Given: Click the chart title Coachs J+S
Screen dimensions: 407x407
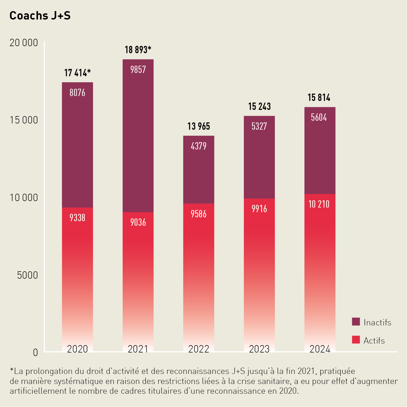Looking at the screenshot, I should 40,16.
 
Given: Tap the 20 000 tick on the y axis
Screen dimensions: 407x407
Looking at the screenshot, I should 24,43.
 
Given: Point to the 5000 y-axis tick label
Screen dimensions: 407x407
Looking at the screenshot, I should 27,275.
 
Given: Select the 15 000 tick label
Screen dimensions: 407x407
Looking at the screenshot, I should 24,120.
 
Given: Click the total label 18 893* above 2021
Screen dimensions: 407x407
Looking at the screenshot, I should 138,50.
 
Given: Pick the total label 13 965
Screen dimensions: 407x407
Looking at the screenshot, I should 199,126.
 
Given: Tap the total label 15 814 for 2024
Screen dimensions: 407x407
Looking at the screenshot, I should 319,98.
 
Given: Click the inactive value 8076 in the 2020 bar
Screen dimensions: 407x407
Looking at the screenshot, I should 77,93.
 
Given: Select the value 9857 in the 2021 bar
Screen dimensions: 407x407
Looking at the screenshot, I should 138,70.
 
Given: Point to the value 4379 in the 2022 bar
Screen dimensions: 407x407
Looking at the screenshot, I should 199,146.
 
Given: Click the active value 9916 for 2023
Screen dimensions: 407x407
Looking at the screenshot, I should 259,209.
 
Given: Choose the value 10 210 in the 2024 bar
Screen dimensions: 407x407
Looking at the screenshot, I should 319,204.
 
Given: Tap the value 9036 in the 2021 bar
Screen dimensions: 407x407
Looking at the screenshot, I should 138,222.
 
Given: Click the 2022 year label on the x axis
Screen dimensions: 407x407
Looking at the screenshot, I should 199,349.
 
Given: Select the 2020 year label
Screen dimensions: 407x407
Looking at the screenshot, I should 77,349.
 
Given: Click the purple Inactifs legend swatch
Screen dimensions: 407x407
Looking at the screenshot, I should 356,322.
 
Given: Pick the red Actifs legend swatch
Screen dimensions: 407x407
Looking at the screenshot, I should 356,340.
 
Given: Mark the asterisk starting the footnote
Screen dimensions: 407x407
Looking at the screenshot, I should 12,370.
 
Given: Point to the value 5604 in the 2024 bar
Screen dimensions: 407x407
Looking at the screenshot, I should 319,117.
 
